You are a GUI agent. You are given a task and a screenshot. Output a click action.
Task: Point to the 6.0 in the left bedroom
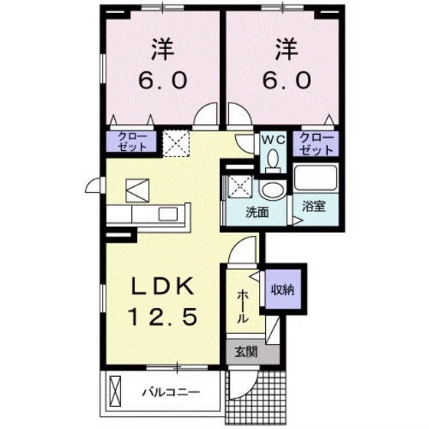[x=160, y=80]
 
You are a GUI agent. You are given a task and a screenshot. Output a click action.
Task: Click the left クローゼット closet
[x=131, y=141]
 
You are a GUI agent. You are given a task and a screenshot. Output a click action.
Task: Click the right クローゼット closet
[x=316, y=141]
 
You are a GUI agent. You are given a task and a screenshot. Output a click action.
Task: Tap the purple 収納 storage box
[x=283, y=290]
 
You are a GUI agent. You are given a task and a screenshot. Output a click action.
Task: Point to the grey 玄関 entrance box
[x=245, y=352]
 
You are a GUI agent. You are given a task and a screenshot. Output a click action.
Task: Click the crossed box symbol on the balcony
[x=116, y=392]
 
